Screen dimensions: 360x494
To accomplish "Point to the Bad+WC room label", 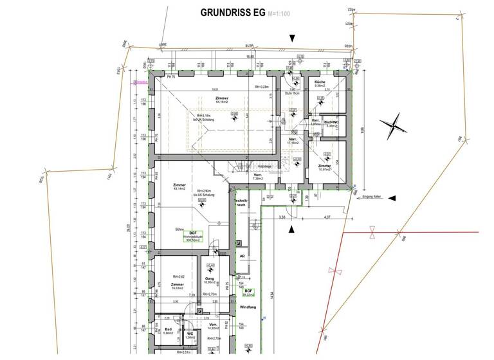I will click(331, 122).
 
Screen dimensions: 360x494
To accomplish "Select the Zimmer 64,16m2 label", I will click(223, 100).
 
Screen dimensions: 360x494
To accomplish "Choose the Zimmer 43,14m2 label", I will click(179, 187).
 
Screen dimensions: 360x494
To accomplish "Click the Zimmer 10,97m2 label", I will click(325, 167).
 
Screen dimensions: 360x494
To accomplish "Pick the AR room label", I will click(242, 256).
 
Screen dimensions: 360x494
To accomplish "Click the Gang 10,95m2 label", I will click(209, 280).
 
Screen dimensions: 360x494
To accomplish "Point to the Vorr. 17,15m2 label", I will click(293, 141).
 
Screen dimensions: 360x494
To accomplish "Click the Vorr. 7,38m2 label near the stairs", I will click(257, 177).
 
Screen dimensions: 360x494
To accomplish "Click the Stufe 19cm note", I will click(293, 93).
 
